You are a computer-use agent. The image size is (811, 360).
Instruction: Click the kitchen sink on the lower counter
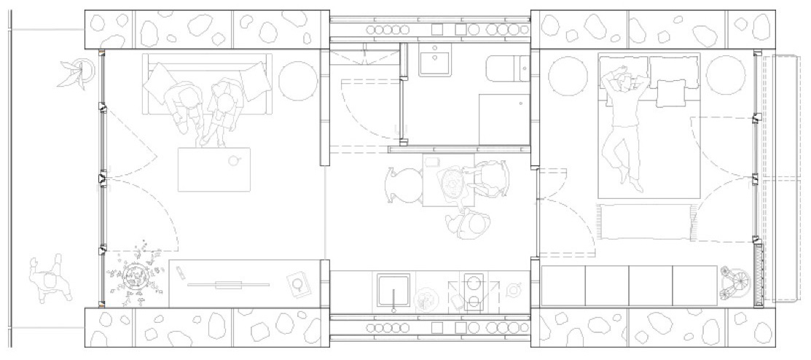393,291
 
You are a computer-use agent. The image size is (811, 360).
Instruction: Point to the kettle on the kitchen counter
514,290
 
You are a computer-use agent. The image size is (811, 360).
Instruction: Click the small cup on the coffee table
235,160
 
